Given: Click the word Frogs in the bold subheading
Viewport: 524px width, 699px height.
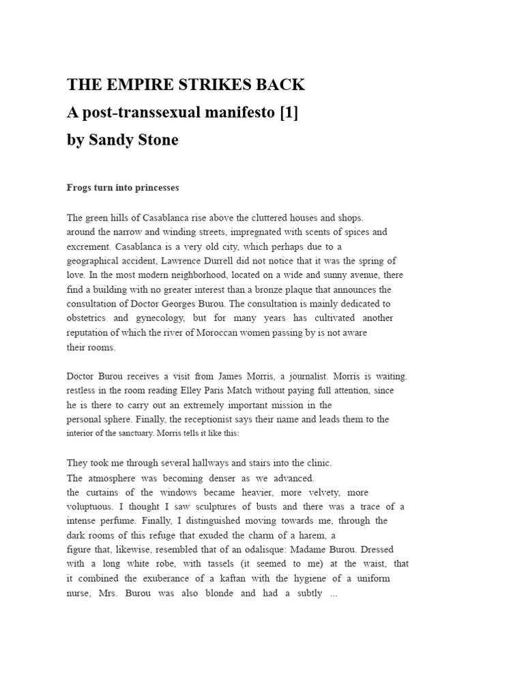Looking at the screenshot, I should click(x=78, y=188).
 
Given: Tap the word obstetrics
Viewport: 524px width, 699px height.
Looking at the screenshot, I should click(x=86, y=318).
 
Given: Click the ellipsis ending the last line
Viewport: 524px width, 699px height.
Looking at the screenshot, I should click(x=333, y=593).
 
